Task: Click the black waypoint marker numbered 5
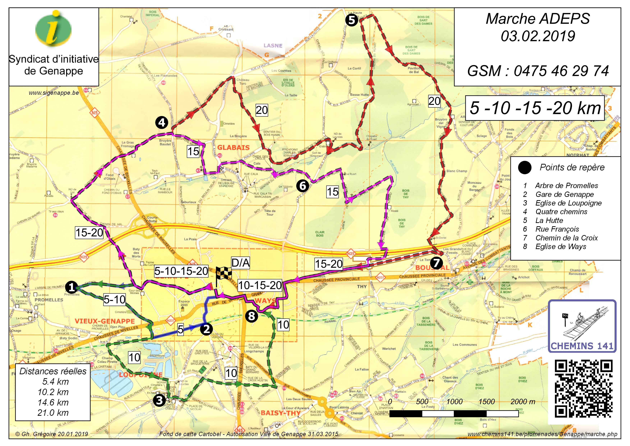[352, 20]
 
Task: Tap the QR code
[584, 389]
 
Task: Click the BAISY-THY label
[280, 413]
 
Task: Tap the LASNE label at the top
[273, 45]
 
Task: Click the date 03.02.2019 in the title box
[538, 36]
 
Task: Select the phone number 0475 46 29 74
[561, 71]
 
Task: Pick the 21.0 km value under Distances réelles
[53, 413]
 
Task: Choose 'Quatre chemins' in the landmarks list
[561, 212]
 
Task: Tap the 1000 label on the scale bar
[454, 402]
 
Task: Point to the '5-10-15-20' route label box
[181, 271]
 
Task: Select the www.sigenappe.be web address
[54, 93]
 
